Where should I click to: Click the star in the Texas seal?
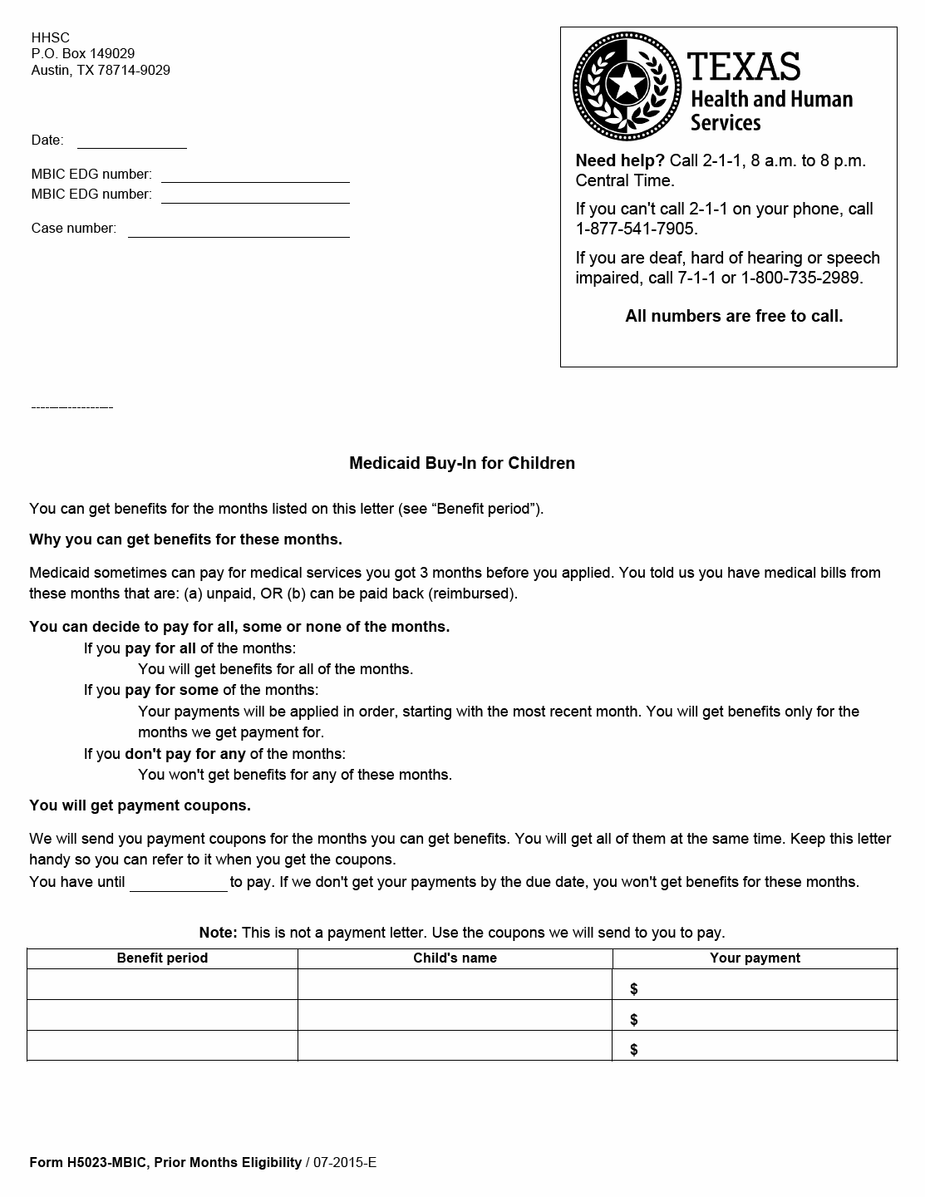pos(626,85)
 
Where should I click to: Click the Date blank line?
pos(131,141)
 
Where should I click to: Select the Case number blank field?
pos(239,229)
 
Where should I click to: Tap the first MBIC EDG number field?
pos(255,175)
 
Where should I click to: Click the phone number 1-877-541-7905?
pos(637,229)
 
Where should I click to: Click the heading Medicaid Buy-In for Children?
pos(462,463)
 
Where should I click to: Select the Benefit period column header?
pos(162,958)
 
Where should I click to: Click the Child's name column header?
pos(455,958)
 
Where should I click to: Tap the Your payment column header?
pos(755,958)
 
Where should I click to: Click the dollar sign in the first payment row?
pos(634,988)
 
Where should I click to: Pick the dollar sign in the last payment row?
pos(634,1049)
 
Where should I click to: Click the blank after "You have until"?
pos(178,883)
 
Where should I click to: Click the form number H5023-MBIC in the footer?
pos(103,1162)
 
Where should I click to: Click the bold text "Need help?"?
pos(620,160)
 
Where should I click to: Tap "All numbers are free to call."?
pos(734,316)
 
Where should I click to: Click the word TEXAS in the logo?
pos(744,66)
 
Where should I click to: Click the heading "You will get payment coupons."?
pos(140,805)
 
